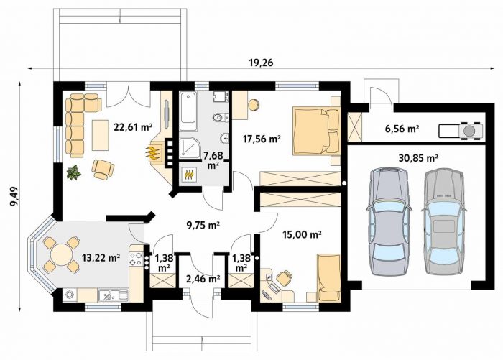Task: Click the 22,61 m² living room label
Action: click(x=133, y=127)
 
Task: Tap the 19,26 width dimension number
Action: click(x=261, y=63)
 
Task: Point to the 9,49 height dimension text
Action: click(x=14, y=196)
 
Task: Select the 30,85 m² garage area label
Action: click(x=418, y=158)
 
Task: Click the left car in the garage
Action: click(x=389, y=221)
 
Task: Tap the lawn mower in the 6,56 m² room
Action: click(x=460, y=131)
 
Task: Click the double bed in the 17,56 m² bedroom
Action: click(x=316, y=131)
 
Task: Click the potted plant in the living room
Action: click(x=74, y=172)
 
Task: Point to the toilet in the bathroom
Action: click(x=220, y=117)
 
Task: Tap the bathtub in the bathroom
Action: click(x=188, y=111)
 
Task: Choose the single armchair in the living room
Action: click(x=103, y=170)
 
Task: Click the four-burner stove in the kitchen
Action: click(x=135, y=259)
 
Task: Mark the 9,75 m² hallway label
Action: click(x=203, y=226)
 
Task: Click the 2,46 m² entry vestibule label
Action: click(x=203, y=279)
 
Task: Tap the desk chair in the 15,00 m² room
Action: click(x=284, y=277)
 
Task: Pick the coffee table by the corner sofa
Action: click(x=100, y=135)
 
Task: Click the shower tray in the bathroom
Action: click(x=189, y=147)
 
